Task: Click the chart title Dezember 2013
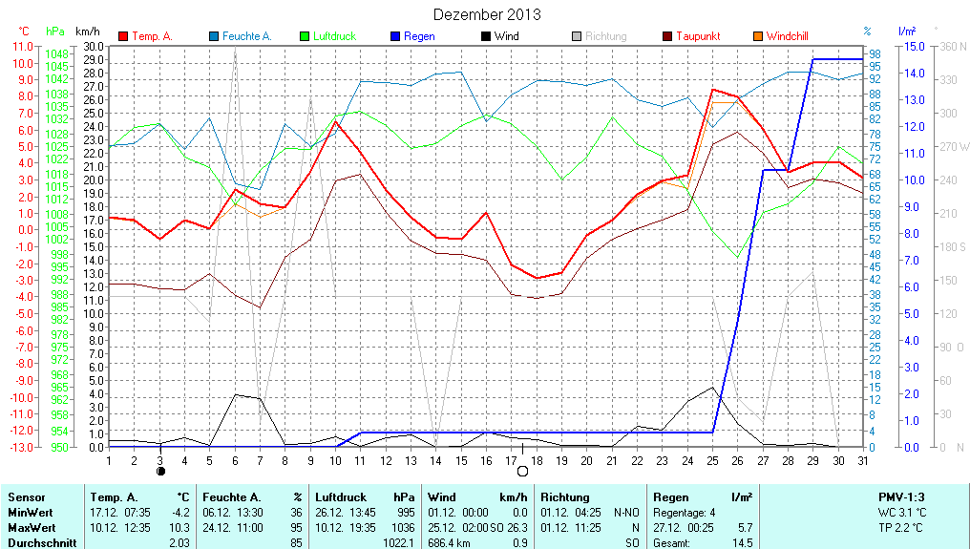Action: coord(486,14)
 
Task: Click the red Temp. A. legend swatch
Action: coord(123,36)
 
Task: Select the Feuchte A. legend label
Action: coord(247,36)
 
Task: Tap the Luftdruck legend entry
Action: coord(327,36)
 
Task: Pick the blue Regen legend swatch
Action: coord(395,36)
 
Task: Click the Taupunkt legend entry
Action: coord(698,36)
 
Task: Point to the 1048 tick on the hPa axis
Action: coord(57,54)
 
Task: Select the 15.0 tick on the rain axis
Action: coord(914,46)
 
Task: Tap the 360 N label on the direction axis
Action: coord(954,46)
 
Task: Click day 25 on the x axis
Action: coord(712,460)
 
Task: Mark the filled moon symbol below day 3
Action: coord(160,471)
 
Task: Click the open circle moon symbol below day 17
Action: coord(522,471)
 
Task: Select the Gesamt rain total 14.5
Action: coord(743,542)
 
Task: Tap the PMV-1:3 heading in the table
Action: coord(901,497)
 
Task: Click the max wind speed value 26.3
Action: coord(517,527)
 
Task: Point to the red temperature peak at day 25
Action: coord(712,89)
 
